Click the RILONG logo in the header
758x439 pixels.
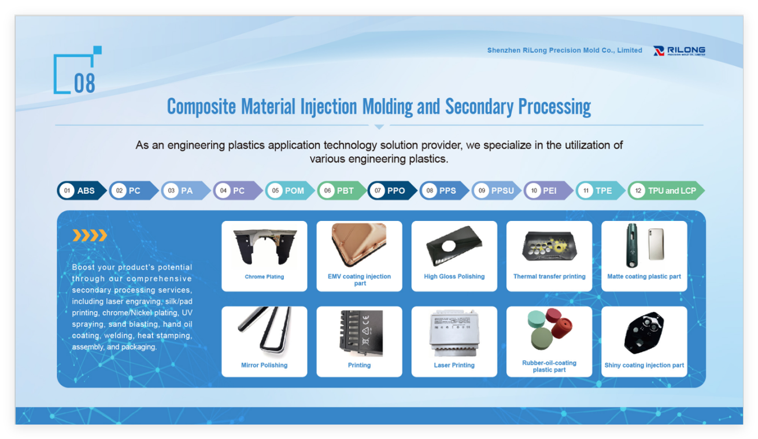pyautogui.click(x=679, y=51)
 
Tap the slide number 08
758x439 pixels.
pyautogui.click(x=84, y=83)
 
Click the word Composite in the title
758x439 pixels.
pyautogui.click(x=201, y=107)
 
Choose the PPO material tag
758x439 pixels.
pyautogui.click(x=393, y=190)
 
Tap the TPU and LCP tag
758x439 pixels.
pyautogui.click(x=666, y=190)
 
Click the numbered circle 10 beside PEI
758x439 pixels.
pyautogui.click(x=534, y=190)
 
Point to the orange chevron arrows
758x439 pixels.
pyautogui.click(x=90, y=235)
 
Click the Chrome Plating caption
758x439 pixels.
pyautogui.click(x=264, y=276)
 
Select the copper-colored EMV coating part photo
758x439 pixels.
pyautogui.click(x=359, y=245)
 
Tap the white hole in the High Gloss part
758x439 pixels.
pyautogui.click(x=448, y=246)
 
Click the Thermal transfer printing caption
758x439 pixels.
pyautogui.click(x=549, y=276)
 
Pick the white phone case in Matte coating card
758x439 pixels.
pyautogui.click(x=656, y=244)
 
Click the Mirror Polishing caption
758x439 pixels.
pyautogui.click(x=264, y=365)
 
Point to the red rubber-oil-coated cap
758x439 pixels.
pyautogui.click(x=562, y=328)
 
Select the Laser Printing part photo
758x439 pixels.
pyautogui.click(x=454, y=333)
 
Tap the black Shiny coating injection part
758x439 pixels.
pyautogui.click(x=644, y=333)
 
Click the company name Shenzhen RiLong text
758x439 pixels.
pyautogui.click(x=564, y=50)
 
